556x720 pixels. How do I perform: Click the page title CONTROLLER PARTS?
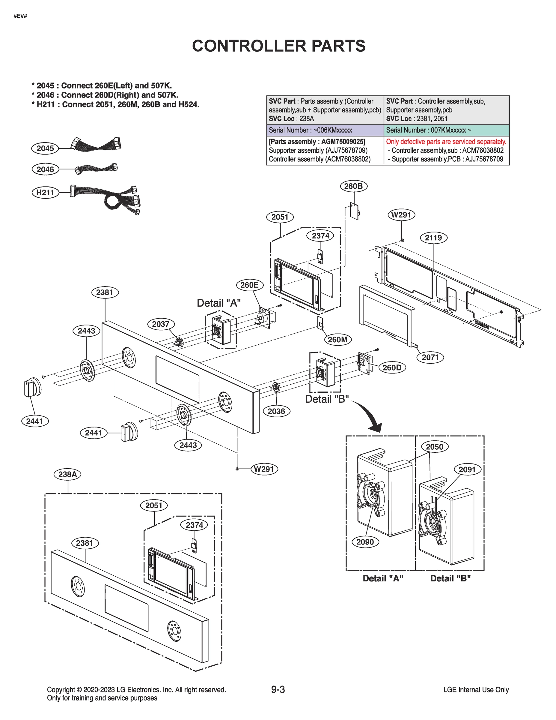tap(279, 46)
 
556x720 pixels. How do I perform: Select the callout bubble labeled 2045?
tap(45, 148)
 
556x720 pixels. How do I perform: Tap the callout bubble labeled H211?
tap(45, 192)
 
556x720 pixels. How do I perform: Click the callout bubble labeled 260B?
tap(353, 186)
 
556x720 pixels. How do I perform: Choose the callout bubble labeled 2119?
tap(433, 238)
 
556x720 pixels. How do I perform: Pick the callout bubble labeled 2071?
tap(430, 357)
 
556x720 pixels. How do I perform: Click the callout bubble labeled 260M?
tap(337, 340)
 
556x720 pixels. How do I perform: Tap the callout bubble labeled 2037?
tap(160, 324)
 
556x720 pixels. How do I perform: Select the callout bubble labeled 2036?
tap(276, 411)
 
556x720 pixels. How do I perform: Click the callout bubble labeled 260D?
tap(392, 367)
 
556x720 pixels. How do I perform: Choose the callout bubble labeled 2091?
tap(467, 470)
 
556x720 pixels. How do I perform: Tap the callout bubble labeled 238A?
tap(67, 474)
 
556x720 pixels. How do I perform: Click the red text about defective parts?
tap(446, 142)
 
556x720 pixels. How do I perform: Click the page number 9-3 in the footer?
tap(278, 689)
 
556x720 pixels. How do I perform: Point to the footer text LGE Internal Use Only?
tap(476, 690)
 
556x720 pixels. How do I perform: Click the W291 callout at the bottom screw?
tap(264, 469)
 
